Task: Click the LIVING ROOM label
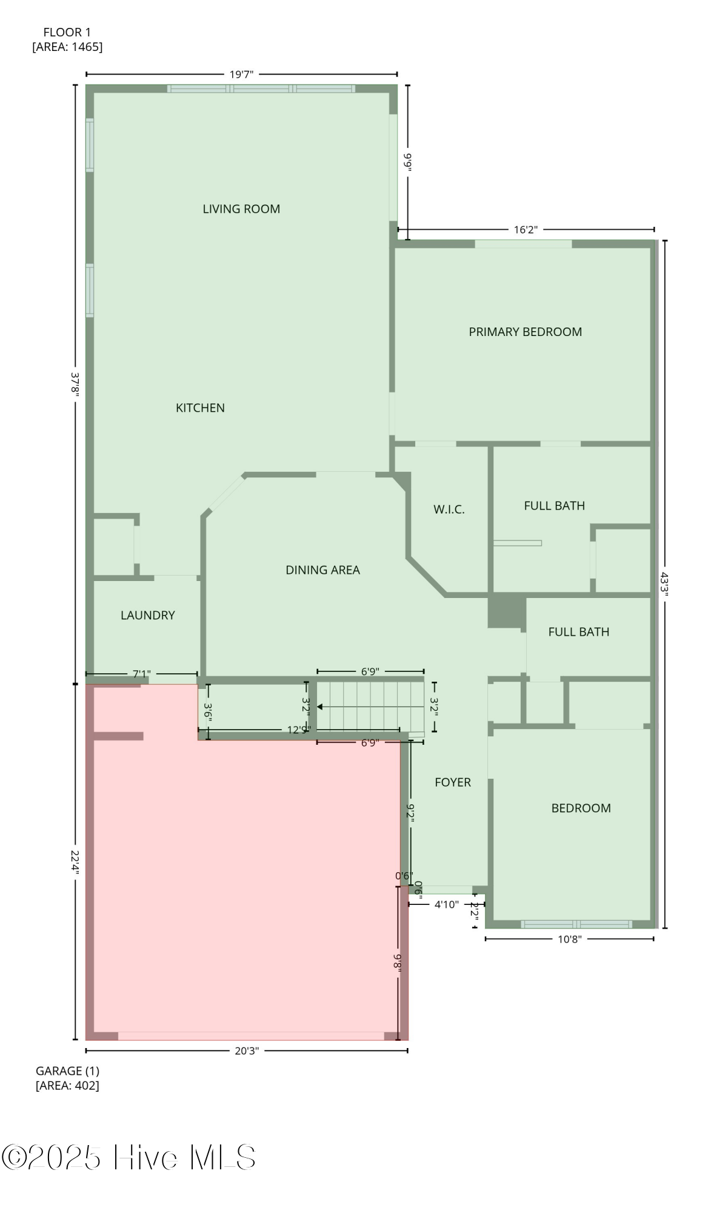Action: tap(241, 209)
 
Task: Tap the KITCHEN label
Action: tap(200, 408)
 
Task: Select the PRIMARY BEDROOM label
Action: tap(525, 332)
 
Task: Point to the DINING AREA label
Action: tap(322, 570)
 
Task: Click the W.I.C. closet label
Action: tap(449, 509)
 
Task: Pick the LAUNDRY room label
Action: tap(147, 616)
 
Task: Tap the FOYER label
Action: tap(452, 782)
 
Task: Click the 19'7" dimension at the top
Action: tap(241, 75)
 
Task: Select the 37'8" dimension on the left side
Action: tap(75, 383)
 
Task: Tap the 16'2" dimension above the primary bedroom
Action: tap(526, 230)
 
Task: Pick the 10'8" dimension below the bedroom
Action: tap(569, 939)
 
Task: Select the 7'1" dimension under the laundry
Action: tap(141, 674)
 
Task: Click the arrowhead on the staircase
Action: tap(320, 707)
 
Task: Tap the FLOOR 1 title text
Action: tap(67, 33)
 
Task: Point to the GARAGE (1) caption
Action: tap(67, 1071)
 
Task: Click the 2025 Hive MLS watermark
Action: tap(129, 1157)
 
